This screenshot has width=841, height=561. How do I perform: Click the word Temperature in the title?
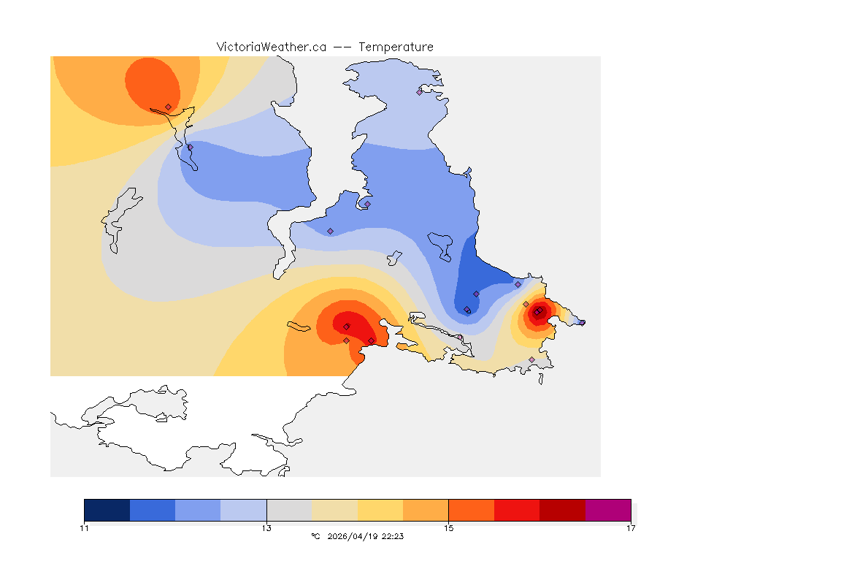point(396,47)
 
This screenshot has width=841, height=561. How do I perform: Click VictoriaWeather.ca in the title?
point(271,47)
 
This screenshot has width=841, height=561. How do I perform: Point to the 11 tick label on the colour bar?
point(85,528)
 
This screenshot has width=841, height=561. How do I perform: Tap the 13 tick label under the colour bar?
point(266,528)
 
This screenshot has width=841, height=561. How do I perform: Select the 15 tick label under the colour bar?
point(448,528)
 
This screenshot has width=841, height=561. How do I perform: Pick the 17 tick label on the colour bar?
point(630,528)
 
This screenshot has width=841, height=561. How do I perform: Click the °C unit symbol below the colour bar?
point(315,536)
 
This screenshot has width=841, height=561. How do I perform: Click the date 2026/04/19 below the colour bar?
point(353,536)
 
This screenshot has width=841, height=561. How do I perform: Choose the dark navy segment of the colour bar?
point(107,510)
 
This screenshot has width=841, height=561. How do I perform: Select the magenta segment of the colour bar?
point(607,510)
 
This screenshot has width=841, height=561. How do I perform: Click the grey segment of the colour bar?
point(289,510)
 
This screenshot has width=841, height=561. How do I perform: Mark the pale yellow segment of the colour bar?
point(380,510)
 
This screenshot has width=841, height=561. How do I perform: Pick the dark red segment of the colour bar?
point(562,510)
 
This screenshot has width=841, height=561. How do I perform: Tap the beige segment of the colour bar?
point(334,510)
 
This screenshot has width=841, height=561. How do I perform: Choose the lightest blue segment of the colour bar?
point(244,510)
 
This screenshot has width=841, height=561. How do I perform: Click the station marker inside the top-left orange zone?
point(169,107)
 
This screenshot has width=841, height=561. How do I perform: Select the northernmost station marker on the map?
point(419,92)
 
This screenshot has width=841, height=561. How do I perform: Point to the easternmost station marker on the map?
point(582,322)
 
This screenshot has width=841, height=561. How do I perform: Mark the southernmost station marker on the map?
point(531,359)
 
